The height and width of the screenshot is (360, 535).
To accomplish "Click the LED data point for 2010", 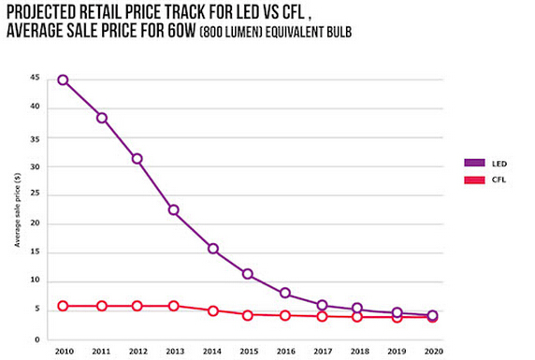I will click(63, 79).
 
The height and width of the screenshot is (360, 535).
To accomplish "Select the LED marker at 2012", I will click(137, 159).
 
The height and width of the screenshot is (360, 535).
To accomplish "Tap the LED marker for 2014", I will click(213, 249).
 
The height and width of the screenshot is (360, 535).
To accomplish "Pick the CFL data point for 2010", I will click(63, 306).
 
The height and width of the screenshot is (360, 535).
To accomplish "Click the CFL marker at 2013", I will click(174, 306).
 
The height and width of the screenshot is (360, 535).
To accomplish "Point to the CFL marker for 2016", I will click(285, 315).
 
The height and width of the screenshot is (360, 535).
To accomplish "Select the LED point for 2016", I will click(285, 294).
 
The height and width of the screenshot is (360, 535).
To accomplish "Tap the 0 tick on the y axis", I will click(36, 339).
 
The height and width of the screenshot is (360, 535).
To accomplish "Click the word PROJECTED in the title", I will click(48, 12).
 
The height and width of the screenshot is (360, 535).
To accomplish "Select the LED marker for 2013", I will click(174, 210).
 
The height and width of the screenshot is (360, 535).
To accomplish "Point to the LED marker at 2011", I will click(101, 118).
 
